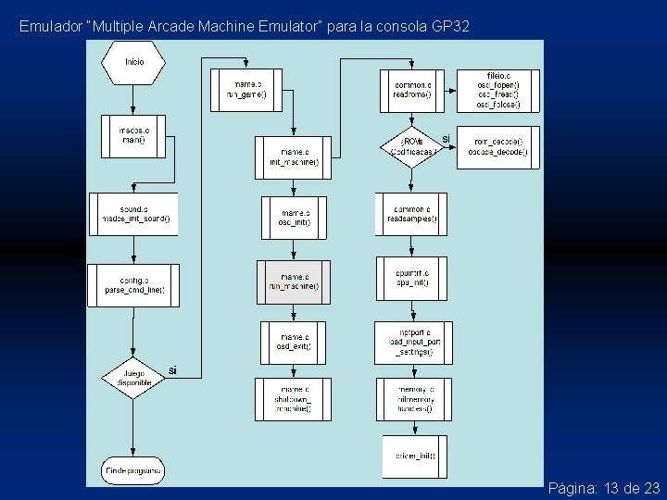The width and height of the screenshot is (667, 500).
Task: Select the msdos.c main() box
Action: pyautogui.click(x=133, y=135)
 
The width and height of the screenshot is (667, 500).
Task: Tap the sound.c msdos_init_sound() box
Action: pyautogui.click(x=133, y=214)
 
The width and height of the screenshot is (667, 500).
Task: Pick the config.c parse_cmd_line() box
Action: pyautogui.click(x=133, y=284)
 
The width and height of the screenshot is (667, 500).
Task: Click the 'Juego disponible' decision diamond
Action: pyautogui.click(x=133, y=377)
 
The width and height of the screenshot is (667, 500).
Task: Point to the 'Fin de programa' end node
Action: pyautogui.click(x=133, y=470)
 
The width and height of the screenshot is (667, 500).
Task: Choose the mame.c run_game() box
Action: pyautogui.click(x=245, y=90)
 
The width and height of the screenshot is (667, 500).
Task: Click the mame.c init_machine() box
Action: pyautogui.click(x=293, y=156)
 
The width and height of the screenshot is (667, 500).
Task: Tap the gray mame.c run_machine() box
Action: pyautogui.click(x=294, y=281)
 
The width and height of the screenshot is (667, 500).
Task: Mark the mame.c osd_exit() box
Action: pyautogui.click(x=294, y=342)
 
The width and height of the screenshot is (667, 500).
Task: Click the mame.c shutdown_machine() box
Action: pyautogui.click(x=294, y=399)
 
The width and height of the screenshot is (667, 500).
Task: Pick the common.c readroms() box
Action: pyautogui.click(x=412, y=90)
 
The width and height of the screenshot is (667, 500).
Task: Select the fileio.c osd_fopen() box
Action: pyautogui.click(x=497, y=90)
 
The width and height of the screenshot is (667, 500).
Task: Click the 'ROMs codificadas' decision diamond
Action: pyautogui.click(x=411, y=146)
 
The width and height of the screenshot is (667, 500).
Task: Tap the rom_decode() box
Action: pyautogui.click(x=497, y=146)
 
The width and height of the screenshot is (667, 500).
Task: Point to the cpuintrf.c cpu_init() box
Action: pyautogui.click(x=411, y=279)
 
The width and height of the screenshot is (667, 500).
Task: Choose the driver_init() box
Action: pyautogui.click(x=414, y=456)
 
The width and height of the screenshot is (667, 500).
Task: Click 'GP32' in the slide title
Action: pyautogui.click(x=451, y=26)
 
